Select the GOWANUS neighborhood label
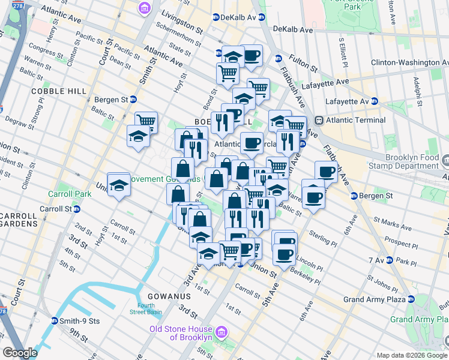[167, 296]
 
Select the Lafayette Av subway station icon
[374, 101]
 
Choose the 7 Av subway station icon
[390, 260]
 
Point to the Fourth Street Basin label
[142, 308]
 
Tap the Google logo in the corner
[20, 353]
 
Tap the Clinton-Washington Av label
[409, 62]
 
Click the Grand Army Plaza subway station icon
[411, 299]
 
